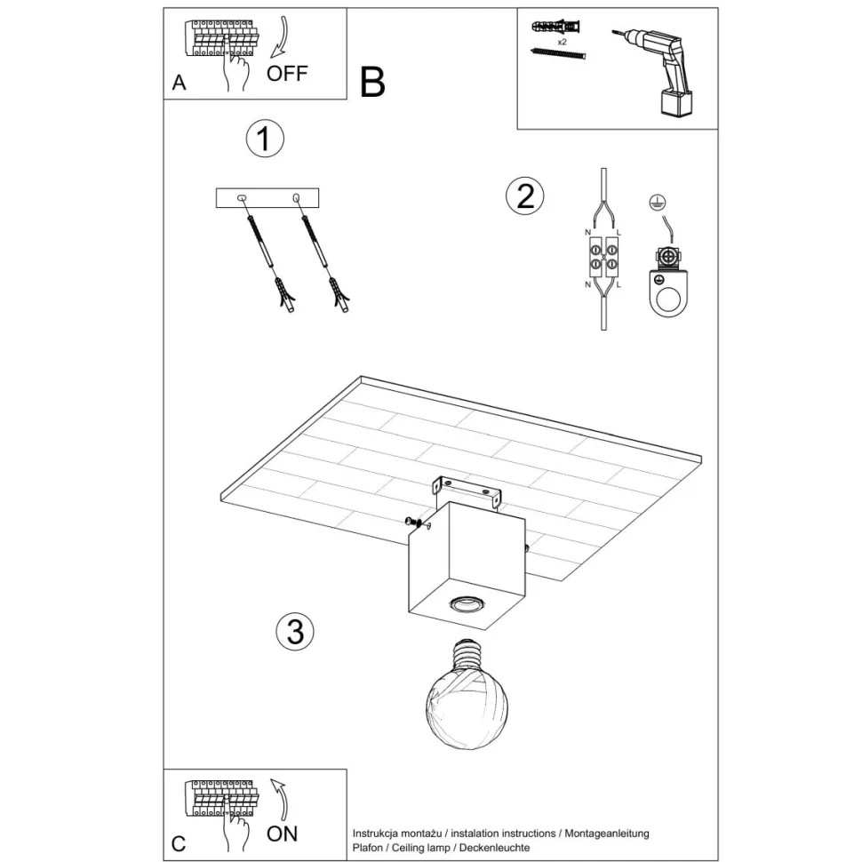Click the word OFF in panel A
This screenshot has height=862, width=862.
click(x=287, y=74)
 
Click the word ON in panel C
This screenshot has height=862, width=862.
click(x=283, y=834)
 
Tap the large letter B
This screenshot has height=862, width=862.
click(x=373, y=82)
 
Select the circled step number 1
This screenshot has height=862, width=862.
click(x=264, y=140)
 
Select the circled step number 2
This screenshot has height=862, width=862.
click(x=525, y=196)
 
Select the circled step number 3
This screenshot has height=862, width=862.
click(x=295, y=631)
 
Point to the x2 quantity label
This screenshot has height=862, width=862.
click(x=563, y=42)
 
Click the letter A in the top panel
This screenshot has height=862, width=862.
click(x=180, y=84)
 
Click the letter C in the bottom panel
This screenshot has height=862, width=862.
click(x=180, y=844)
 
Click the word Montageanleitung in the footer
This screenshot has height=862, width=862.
click(x=607, y=834)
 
